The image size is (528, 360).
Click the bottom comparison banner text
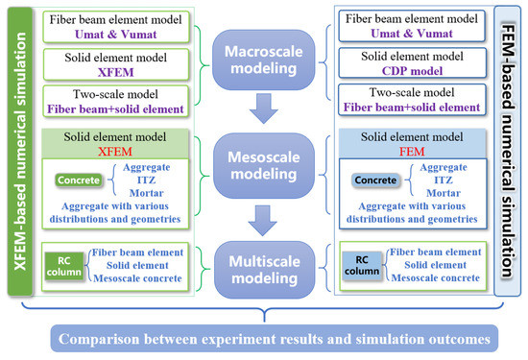tap(263, 337)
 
